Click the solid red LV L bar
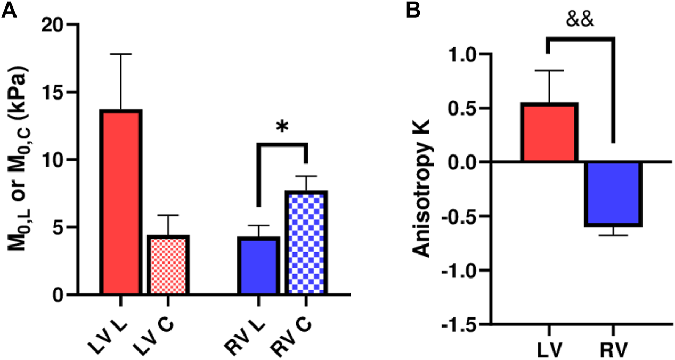point(121,202)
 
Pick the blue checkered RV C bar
point(306,243)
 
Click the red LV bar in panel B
point(549,133)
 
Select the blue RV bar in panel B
point(612,194)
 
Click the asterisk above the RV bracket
point(282,127)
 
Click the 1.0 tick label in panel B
point(463,55)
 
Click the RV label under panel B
point(612,350)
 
